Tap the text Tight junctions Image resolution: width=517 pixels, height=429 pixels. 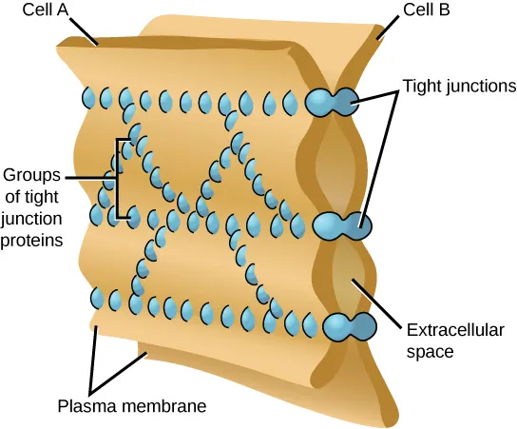pyautogui.click(x=458, y=85)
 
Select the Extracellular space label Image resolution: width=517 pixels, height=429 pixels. pyautogui.click(x=449, y=341)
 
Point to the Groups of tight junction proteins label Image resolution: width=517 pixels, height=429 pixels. pyautogui.click(x=32, y=207)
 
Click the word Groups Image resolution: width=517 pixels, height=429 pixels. pyautogui.click(x=32, y=175)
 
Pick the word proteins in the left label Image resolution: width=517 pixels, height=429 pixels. pyautogui.click(x=32, y=241)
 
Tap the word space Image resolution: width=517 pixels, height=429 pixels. pyautogui.click(x=428, y=351)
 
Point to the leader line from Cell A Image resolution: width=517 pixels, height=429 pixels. pyautogui.click(x=82, y=30)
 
